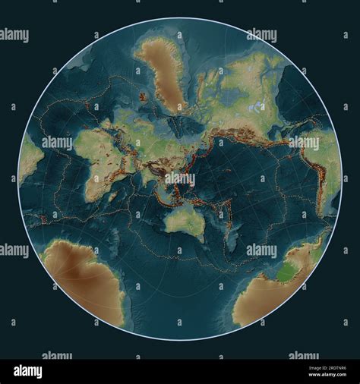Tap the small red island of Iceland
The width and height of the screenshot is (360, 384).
click(x=144, y=97)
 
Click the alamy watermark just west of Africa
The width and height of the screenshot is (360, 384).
click(x=56, y=143)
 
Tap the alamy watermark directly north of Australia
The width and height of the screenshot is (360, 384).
click(x=180, y=179)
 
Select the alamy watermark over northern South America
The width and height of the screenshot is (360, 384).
click(x=305, y=143)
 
